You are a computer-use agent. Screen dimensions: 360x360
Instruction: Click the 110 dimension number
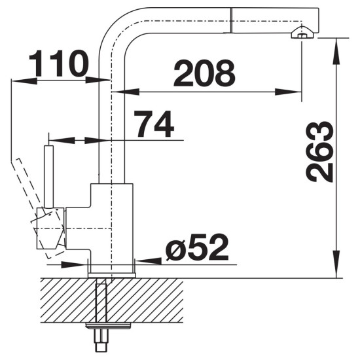[x=58, y=63]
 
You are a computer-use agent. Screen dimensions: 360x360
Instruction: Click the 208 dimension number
[x=204, y=73]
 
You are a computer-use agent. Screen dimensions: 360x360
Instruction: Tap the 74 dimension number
[x=154, y=124]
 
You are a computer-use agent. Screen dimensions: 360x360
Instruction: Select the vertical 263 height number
[x=319, y=152]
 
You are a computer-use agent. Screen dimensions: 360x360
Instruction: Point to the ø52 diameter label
[x=198, y=247]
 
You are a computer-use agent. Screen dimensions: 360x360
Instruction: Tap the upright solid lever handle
[x=49, y=176]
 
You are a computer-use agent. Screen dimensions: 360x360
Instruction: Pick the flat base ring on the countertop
[x=111, y=275]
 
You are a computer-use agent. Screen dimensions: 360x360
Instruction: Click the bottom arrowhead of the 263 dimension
[x=336, y=264]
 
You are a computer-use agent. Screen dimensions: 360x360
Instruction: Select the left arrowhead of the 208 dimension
[x=126, y=92]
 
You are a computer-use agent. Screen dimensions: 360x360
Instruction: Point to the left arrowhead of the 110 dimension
[x=24, y=81]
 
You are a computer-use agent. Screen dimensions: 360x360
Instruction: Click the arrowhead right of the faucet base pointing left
[x=149, y=261]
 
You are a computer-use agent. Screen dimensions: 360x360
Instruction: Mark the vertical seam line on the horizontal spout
[x=231, y=20]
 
